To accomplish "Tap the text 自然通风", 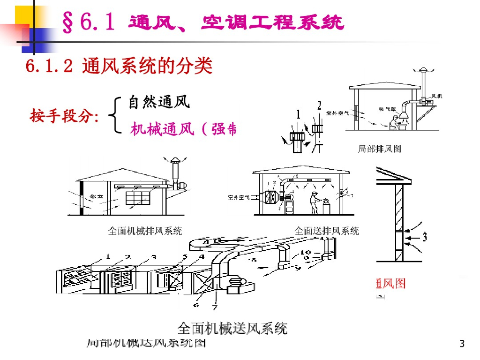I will pos(159,101).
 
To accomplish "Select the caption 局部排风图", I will pos(379,149).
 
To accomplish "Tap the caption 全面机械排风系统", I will pos(145,231).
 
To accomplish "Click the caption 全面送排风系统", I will pos(326,231).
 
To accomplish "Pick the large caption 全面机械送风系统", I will pos(232,328).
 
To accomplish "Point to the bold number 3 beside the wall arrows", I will pos(425,237).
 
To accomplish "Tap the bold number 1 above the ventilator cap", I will pos(298,113).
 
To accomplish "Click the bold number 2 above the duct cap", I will pos(319,105).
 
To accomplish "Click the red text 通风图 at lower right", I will pos(390,283).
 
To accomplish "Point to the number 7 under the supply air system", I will pos(215,307).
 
